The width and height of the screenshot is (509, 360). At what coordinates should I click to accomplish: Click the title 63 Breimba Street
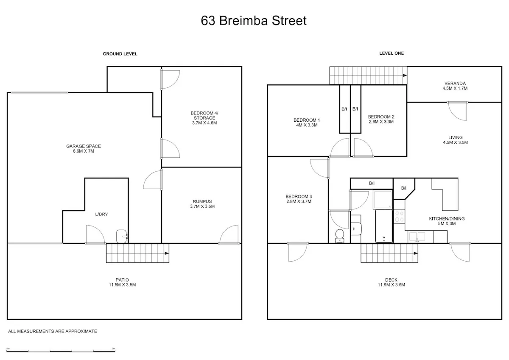(254, 21)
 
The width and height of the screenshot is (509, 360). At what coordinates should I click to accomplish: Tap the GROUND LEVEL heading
(120, 54)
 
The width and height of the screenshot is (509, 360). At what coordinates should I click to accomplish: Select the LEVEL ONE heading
(392, 53)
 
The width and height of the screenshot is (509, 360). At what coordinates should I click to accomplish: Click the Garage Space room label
(84, 148)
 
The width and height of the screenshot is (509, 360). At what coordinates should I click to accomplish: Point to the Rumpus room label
(202, 204)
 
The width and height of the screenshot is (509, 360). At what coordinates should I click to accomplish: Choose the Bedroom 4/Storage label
(204, 118)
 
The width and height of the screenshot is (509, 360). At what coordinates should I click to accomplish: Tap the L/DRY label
(101, 214)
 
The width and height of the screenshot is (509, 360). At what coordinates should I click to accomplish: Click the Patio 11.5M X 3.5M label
(122, 282)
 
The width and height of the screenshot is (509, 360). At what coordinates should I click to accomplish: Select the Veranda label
(455, 86)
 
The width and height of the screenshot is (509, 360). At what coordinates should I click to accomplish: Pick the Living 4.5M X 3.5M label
(456, 140)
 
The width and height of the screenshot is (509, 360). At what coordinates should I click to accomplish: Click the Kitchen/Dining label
(447, 221)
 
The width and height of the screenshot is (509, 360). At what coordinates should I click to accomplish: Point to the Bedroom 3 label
(299, 199)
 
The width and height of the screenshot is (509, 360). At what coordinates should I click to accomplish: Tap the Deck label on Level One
(391, 282)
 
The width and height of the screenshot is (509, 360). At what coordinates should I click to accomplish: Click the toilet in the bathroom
(340, 236)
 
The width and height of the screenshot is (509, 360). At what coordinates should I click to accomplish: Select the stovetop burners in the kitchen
(399, 216)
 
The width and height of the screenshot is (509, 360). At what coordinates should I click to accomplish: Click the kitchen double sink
(417, 237)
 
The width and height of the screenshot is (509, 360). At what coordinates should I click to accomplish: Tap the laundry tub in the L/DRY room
(122, 236)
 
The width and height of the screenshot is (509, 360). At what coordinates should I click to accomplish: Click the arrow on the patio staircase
(167, 253)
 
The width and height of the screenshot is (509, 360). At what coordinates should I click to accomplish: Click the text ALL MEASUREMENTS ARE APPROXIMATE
(53, 332)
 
